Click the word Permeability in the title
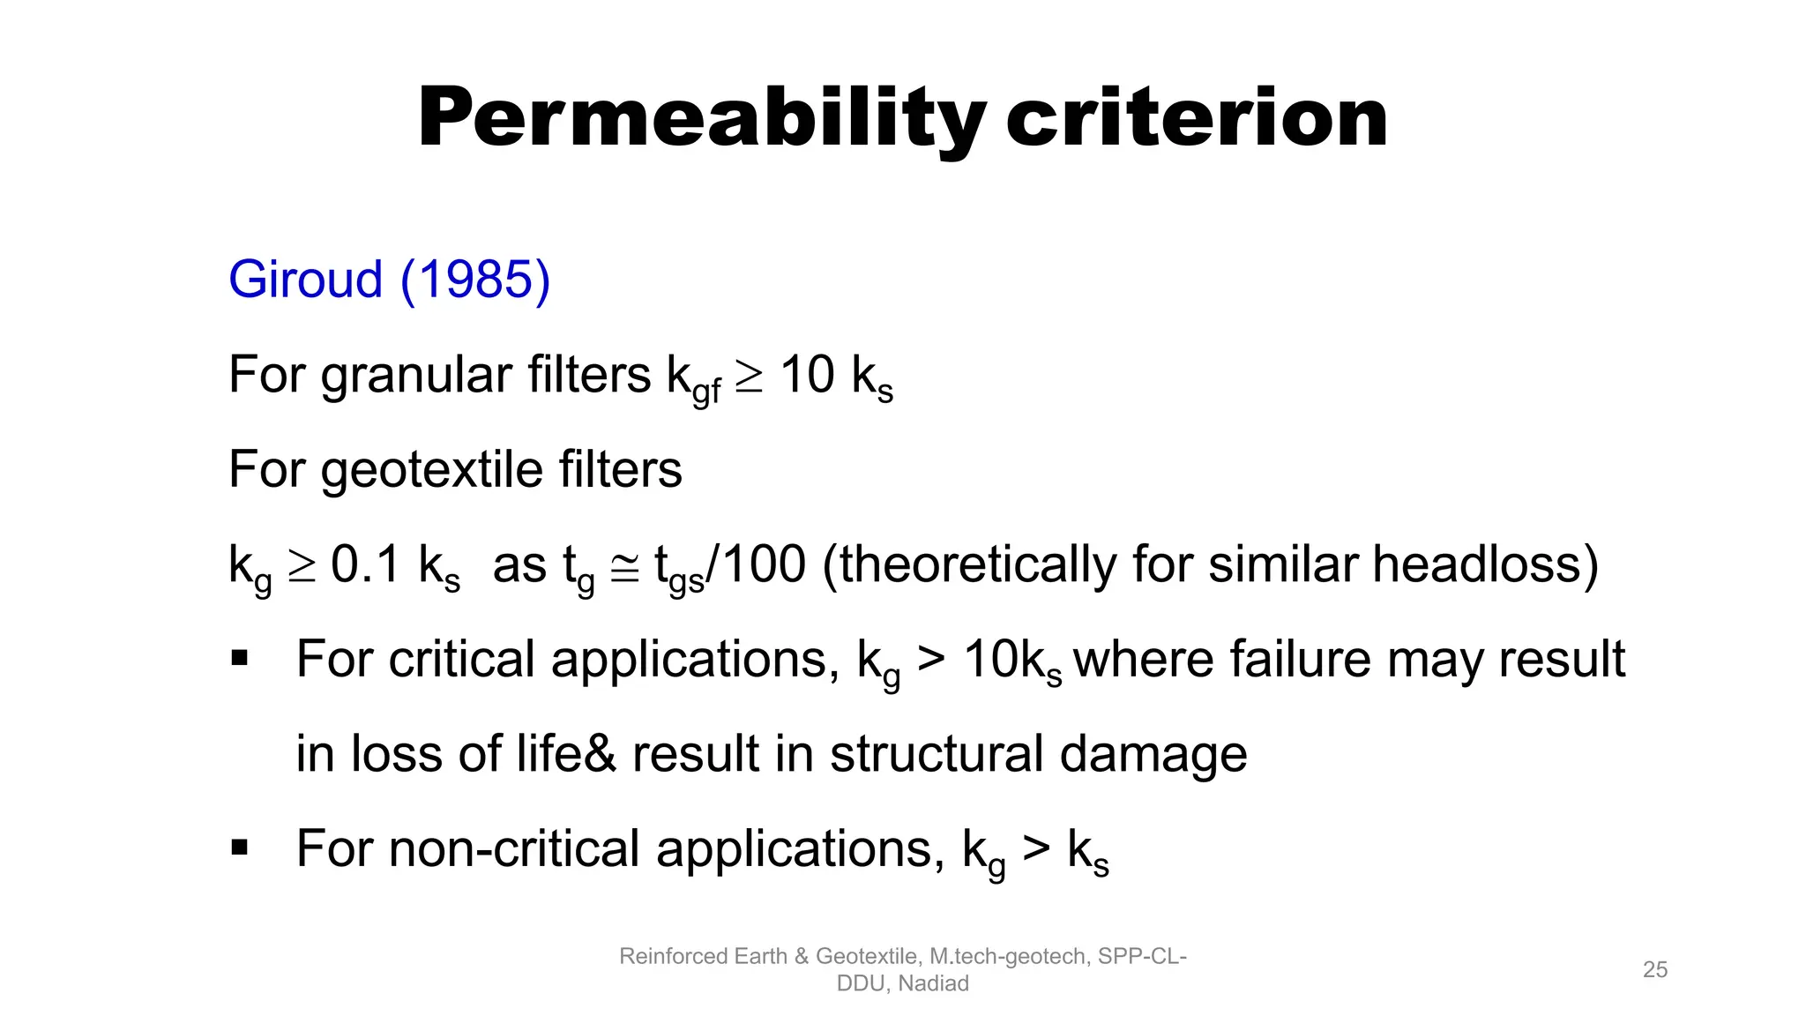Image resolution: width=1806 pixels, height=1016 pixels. pos(701,119)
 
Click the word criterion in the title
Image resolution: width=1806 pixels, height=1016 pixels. pos(1197,119)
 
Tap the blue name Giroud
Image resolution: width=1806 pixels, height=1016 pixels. pos(305,280)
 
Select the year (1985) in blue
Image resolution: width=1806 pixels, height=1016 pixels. pos(475,280)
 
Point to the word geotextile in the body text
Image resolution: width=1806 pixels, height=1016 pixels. pos(432,470)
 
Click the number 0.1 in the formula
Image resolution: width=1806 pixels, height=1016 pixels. pos(366,564)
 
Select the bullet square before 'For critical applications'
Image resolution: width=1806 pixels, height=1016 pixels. pos(239,658)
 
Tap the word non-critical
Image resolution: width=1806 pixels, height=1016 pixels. pos(515,848)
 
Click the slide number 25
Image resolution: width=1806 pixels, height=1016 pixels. pos(1655,969)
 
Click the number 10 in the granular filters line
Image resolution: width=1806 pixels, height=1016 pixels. pos(807,375)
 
